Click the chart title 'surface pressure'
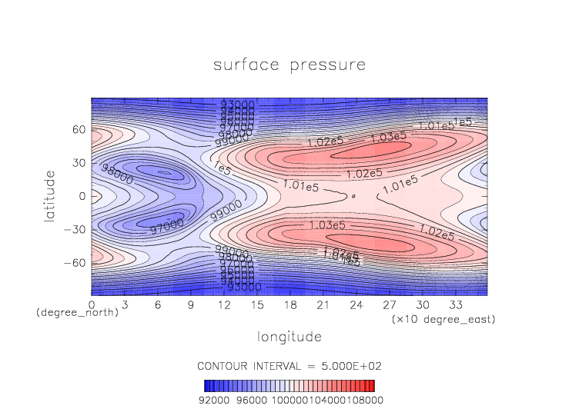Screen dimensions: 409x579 click(289, 65)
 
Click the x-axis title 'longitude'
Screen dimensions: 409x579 click(289, 337)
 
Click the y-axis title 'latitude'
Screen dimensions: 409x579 click(50, 197)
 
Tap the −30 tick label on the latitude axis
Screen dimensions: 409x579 click(75, 230)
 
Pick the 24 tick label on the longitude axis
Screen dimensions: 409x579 click(356, 304)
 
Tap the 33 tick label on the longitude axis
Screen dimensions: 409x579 click(456, 304)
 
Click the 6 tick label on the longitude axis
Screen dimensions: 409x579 click(158, 304)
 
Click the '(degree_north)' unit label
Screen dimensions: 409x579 click(77, 314)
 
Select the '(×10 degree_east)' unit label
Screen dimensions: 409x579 click(442, 318)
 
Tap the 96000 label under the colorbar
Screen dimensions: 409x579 click(251, 400)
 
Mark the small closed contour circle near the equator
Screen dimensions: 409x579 click(353, 196)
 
